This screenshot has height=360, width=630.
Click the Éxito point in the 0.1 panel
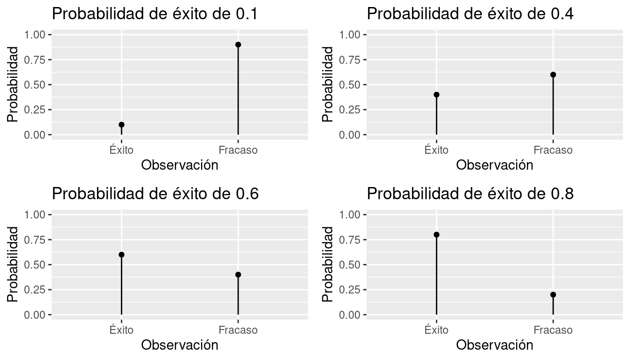click(121, 125)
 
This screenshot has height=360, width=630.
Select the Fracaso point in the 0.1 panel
click(238, 45)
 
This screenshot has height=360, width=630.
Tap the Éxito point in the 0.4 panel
click(436, 95)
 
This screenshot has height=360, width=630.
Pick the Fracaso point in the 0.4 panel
click(553, 75)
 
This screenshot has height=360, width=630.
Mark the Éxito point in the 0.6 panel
click(121, 255)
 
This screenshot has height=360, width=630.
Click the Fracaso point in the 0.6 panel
click(238, 275)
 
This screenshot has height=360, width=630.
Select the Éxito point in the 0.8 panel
click(436, 234)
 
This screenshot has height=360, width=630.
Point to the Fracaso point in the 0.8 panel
click(553, 294)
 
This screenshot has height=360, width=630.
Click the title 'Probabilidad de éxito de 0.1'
click(155, 14)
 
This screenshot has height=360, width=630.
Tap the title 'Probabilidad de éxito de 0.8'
click(470, 194)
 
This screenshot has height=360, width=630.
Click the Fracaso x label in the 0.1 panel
click(238, 150)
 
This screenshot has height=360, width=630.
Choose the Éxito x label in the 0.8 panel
click(436, 330)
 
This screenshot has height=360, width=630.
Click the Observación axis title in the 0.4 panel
click(495, 165)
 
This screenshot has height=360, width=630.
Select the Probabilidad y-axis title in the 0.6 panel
click(14, 264)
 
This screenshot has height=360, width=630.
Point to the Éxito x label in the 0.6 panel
click(121, 330)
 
